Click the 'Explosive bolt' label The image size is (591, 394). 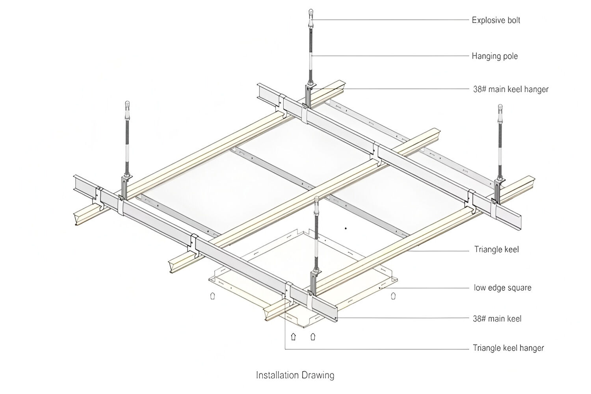click(496, 20)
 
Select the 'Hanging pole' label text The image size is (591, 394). click(494, 56)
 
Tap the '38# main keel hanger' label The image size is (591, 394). click(510, 89)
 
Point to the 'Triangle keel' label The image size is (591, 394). click(496, 249)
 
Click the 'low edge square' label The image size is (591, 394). click(502, 288)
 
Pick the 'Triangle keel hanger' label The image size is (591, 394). click(508, 348)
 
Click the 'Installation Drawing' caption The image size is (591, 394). click(295, 375)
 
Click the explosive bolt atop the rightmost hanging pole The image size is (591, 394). click(500, 108)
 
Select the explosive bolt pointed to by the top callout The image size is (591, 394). click(311, 13)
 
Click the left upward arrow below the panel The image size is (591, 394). click(293, 337)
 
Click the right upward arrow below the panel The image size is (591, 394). click(313, 337)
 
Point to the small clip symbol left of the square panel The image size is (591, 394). click(213, 295)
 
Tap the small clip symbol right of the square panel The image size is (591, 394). click(393, 295)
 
